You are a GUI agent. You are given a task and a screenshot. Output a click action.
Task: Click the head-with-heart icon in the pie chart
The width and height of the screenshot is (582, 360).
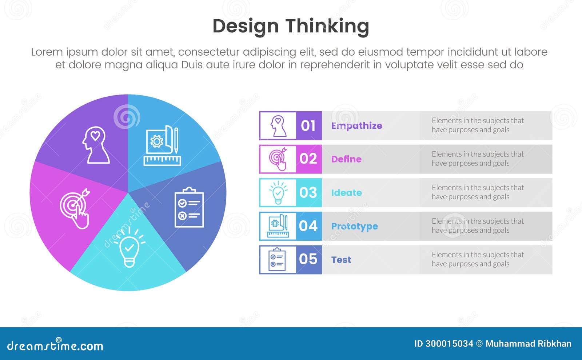click(96, 145)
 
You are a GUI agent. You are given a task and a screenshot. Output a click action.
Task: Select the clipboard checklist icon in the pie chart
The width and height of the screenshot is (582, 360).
click(189, 208)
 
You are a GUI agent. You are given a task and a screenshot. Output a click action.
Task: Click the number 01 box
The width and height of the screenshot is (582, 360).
click(308, 126)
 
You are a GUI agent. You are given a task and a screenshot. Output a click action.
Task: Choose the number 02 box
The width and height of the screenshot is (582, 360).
click(308, 159)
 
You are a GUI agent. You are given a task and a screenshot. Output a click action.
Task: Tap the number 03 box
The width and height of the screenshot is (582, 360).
click(308, 193)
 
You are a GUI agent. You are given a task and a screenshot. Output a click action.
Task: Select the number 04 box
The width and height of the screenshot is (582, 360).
click(308, 226)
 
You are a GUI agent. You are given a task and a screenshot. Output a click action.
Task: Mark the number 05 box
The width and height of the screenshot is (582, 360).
click(308, 259)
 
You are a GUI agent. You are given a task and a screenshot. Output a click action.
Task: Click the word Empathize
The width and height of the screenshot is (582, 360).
click(356, 126)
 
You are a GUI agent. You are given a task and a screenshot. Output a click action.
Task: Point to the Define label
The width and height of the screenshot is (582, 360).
click(346, 159)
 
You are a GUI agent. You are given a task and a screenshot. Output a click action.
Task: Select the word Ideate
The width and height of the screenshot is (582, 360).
click(346, 193)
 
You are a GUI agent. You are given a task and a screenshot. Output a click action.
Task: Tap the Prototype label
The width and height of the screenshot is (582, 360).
click(354, 227)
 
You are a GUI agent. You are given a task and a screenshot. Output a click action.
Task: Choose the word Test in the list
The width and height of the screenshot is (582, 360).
click(341, 260)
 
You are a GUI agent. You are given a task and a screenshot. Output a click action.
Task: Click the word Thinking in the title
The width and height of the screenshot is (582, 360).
click(327, 27)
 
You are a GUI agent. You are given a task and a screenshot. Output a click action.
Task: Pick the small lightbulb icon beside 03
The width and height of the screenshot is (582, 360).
click(278, 193)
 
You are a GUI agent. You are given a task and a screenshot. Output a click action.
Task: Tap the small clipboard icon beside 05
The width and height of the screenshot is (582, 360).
click(277, 260)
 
